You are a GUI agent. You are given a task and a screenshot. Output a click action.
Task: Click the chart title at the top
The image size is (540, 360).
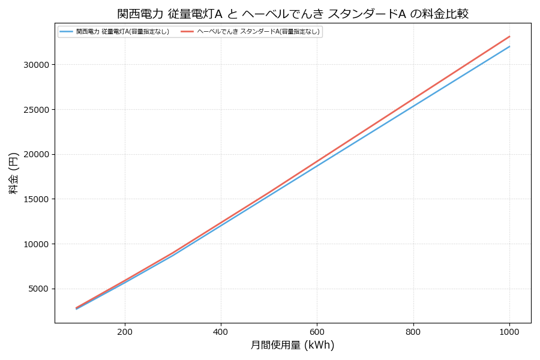point(293,14)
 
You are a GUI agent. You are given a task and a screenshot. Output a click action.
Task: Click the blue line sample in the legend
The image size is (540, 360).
point(66,32)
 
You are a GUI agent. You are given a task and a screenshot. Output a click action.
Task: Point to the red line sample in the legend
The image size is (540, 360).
point(187,32)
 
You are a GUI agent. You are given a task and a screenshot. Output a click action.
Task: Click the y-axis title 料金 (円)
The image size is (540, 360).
point(14,173)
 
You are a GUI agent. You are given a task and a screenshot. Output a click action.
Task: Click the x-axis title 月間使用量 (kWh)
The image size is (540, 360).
point(292,345)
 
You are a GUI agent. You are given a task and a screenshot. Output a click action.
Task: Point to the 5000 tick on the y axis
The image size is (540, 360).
point(39,289)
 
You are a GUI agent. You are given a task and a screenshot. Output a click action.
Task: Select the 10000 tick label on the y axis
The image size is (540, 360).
point(37,244)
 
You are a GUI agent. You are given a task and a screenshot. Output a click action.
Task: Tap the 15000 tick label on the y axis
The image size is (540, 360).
point(37,199)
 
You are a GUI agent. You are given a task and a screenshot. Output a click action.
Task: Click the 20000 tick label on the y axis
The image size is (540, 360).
point(37,154)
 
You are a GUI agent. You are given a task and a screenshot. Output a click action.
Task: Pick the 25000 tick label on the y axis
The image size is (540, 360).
point(37,110)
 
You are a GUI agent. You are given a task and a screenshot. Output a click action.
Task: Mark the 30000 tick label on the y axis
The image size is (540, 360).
point(37,65)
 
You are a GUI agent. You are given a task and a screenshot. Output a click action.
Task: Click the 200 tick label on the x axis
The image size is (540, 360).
point(125,331)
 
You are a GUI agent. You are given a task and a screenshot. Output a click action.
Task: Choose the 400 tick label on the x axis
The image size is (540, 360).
point(221,331)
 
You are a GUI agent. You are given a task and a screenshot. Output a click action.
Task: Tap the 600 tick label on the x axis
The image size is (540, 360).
point(317,331)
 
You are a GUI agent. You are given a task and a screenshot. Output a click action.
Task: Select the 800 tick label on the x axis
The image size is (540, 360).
point(413,331)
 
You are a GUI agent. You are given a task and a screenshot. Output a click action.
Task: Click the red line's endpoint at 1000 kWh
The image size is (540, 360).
point(509,36)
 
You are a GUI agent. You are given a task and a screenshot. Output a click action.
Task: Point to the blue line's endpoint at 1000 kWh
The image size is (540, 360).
point(509,46)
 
